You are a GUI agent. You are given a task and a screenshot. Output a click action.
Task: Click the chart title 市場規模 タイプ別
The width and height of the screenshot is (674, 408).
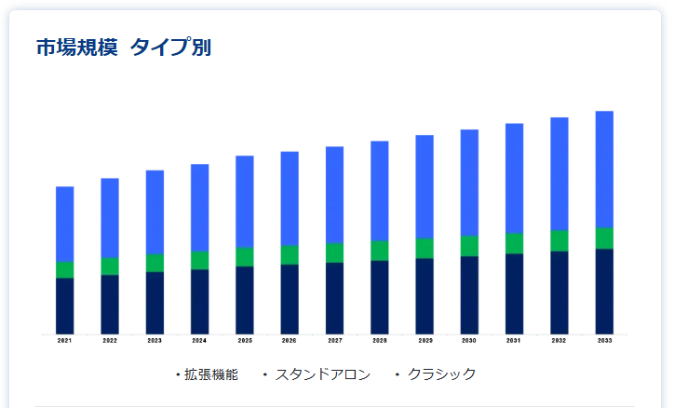[123, 48]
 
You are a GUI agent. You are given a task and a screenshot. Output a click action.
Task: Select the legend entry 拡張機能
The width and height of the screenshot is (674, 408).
[210, 374]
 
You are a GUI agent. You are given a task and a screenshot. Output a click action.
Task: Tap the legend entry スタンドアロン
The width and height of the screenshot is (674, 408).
[322, 374]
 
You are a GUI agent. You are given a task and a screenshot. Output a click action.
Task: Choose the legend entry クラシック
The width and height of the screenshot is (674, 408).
[441, 374]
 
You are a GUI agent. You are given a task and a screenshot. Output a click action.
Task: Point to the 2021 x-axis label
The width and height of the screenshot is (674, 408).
[64, 341]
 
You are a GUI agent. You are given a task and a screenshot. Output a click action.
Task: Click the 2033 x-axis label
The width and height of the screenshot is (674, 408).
[604, 341]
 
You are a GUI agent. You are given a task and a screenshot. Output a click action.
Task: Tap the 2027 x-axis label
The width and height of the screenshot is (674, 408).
[334, 341]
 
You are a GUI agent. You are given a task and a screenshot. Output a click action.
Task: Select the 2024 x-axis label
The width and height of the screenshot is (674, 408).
[199, 341]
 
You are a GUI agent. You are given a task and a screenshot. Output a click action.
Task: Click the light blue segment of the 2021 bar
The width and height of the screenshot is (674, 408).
[64, 224]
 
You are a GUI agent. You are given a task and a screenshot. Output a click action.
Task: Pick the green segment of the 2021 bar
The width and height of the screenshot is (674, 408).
[64, 269]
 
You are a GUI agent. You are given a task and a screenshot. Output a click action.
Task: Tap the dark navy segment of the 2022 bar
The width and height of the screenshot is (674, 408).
[110, 304]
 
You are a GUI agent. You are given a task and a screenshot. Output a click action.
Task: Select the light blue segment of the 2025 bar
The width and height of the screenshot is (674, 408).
[245, 201]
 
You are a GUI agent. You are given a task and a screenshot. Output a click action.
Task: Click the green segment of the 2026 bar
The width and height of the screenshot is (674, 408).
[290, 254]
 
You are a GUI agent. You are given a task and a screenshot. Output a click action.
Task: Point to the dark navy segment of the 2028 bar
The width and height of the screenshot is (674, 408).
[380, 296]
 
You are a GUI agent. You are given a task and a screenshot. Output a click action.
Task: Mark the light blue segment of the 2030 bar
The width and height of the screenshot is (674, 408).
[469, 183]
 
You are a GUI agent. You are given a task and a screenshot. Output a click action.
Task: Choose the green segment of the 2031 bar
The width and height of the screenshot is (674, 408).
[515, 243]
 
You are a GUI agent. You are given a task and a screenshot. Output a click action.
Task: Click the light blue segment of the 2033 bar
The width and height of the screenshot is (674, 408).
[604, 169]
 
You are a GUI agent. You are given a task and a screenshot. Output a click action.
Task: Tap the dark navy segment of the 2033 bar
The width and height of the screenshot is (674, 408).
[604, 291]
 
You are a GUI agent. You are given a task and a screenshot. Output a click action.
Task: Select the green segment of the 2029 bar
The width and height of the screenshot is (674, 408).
[425, 248]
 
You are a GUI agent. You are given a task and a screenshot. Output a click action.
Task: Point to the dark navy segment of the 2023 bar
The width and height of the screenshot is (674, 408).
[155, 302]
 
